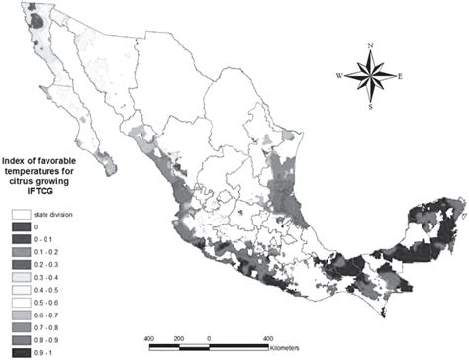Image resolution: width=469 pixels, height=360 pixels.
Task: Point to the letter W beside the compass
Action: pyautogui.click(x=339, y=75)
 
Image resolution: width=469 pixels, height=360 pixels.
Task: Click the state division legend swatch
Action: pyautogui.click(x=19, y=215)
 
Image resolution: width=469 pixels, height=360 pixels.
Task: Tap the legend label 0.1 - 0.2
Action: pyautogui.click(x=47, y=249)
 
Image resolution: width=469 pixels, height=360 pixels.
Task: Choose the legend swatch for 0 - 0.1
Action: pyautogui.click(x=19, y=237)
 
